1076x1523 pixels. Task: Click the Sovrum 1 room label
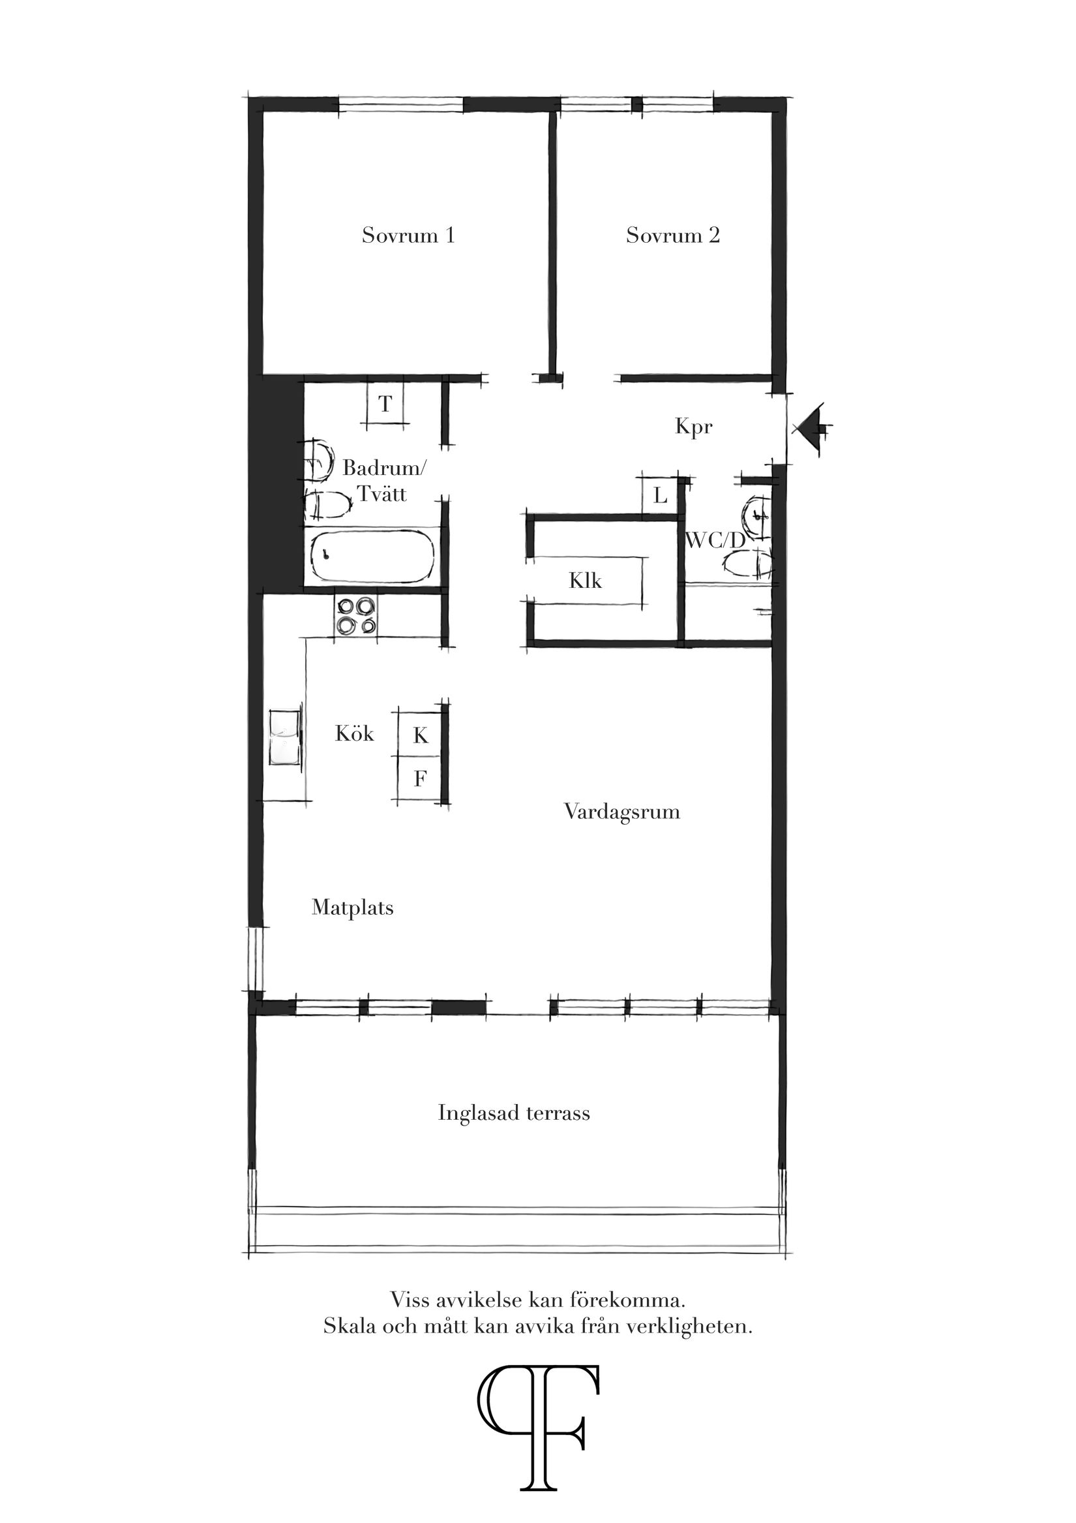pyautogui.click(x=408, y=236)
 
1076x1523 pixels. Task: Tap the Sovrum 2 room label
pyautogui.click(x=672, y=236)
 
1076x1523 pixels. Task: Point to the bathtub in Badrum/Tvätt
pyautogui.click(x=372, y=557)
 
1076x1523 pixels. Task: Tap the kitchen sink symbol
pyautogui.click(x=285, y=737)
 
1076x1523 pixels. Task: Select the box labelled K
pyautogui.click(x=421, y=735)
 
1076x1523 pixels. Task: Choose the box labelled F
pyautogui.click(x=420, y=778)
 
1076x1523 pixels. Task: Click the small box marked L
pyautogui.click(x=660, y=495)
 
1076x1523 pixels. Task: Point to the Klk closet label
pyautogui.click(x=585, y=581)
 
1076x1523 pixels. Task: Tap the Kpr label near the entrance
pyautogui.click(x=693, y=427)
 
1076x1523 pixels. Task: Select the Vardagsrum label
pyautogui.click(x=622, y=812)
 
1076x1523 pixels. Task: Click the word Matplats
pyautogui.click(x=352, y=908)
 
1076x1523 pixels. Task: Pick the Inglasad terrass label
pyautogui.click(x=514, y=1113)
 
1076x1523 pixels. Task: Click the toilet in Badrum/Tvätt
pyautogui.click(x=327, y=506)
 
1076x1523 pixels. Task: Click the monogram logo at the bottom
pyautogui.click(x=539, y=1420)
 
